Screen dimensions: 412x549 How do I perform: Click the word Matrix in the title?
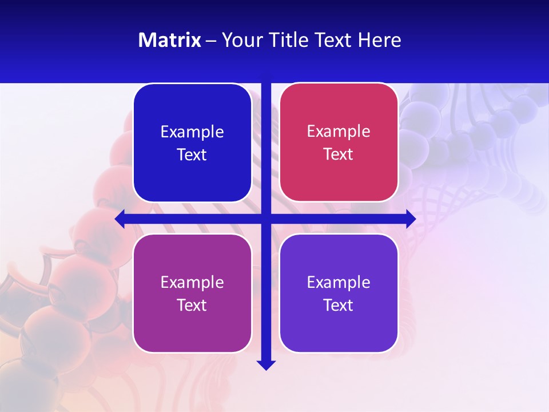point(170,40)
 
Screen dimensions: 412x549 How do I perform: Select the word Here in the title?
point(380,40)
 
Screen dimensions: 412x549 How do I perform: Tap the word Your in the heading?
point(238,40)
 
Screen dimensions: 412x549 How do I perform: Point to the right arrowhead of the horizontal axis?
point(411,219)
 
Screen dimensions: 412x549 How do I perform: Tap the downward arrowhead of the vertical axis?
point(266,365)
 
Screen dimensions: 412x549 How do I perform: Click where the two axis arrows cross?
point(266,219)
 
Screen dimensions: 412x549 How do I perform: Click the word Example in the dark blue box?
point(192,132)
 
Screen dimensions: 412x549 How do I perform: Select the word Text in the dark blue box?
point(192,154)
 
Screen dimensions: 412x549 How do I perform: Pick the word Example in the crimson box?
point(339,131)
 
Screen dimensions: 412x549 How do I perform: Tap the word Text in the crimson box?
point(339,154)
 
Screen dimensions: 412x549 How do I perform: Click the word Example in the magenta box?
point(192,282)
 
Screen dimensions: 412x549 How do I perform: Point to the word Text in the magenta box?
point(192,305)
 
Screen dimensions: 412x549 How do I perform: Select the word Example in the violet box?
point(339,282)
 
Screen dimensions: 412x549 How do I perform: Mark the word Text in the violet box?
point(339,305)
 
